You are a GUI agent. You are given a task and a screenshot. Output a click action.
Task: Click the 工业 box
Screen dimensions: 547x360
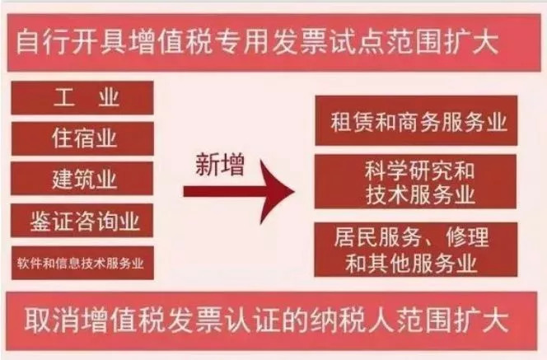point(82,98)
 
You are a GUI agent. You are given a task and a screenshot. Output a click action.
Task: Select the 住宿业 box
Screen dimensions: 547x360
point(82,138)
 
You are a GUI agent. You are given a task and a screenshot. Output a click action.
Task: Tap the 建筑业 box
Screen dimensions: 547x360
point(82,178)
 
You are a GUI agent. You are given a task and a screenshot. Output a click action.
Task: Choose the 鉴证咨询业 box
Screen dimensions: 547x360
point(82,221)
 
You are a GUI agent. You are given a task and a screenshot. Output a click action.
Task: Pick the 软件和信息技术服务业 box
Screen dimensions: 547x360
point(82,263)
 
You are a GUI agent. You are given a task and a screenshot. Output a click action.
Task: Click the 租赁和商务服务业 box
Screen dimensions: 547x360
point(416,121)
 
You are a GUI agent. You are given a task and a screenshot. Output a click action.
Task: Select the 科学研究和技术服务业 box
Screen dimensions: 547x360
point(415,182)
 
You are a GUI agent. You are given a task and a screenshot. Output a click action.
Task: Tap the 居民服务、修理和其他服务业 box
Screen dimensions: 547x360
point(415,250)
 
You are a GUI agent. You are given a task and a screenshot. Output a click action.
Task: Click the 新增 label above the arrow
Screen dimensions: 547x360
point(220,165)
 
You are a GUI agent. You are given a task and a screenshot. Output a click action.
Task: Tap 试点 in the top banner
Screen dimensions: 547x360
point(356,43)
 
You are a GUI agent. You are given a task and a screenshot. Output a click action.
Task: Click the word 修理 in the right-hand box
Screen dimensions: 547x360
point(467,237)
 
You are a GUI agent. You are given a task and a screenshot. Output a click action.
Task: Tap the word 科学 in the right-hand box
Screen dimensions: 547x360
point(386,171)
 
